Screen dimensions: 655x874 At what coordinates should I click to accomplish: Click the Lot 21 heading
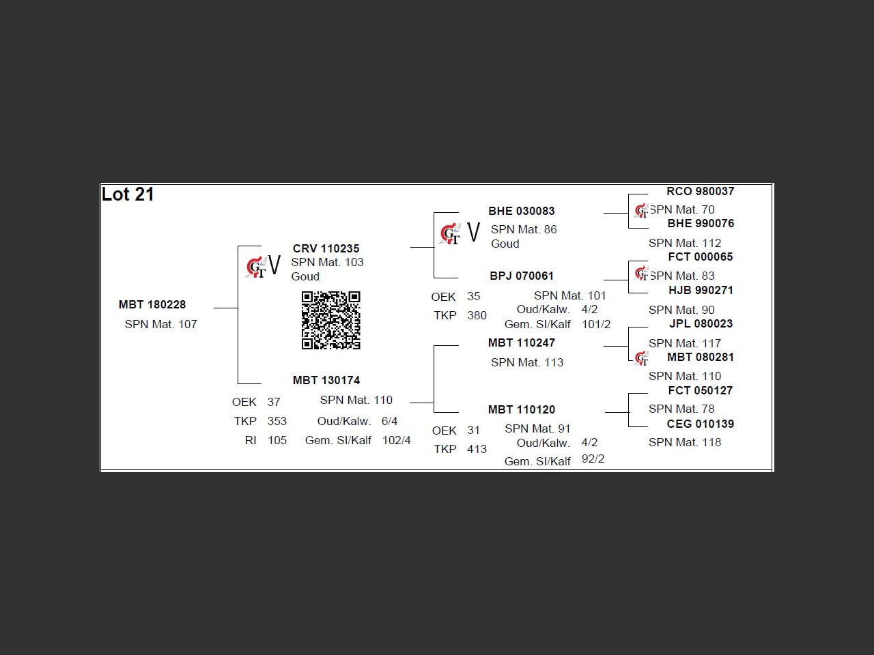pyautogui.click(x=128, y=194)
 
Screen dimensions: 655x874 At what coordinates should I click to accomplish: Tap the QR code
pyautogui.click(x=330, y=320)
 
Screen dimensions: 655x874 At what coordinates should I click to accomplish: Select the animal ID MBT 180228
pyautogui.click(x=152, y=304)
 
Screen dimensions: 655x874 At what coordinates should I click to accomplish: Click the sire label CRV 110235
pyautogui.click(x=326, y=248)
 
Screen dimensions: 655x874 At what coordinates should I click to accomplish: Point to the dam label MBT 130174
pyautogui.click(x=326, y=380)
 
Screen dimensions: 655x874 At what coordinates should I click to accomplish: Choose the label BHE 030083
pyautogui.click(x=522, y=211)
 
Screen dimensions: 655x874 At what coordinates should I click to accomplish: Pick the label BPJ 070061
pyautogui.click(x=522, y=276)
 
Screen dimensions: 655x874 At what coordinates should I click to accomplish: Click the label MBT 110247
pyautogui.click(x=522, y=343)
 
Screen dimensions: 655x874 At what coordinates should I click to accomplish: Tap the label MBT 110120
pyautogui.click(x=522, y=409)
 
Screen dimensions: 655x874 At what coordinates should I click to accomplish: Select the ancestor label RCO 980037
pyautogui.click(x=701, y=191)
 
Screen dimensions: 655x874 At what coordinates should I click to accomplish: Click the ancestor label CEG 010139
pyautogui.click(x=701, y=424)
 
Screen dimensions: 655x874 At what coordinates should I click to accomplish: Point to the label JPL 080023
pyautogui.click(x=701, y=323)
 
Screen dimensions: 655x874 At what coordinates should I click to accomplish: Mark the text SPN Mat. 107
pyautogui.click(x=160, y=324)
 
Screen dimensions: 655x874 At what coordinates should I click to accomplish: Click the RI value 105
pyautogui.click(x=277, y=440)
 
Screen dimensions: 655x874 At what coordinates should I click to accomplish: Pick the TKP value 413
pyautogui.click(x=477, y=449)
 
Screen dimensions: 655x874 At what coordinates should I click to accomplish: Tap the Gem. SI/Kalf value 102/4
pyautogui.click(x=397, y=440)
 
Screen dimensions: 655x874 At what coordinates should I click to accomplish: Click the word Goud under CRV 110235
pyautogui.click(x=305, y=276)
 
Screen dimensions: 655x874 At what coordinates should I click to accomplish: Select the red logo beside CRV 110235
pyautogui.click(x=255, y=267)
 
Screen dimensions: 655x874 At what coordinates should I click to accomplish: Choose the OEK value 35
pyautogui.click(x=474, y=296)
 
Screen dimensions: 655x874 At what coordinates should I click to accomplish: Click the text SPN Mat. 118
pyautogui.click(x=685, y=442)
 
